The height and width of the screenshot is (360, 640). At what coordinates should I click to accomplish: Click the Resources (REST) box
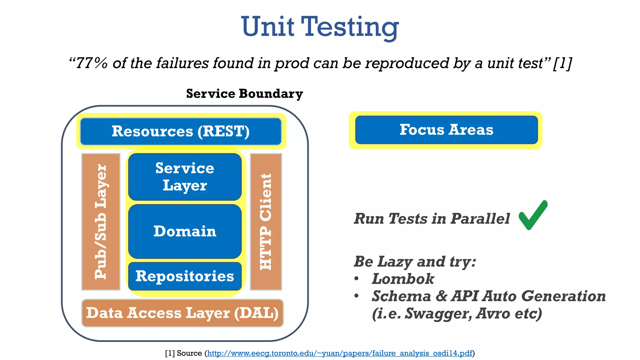coord(181,131)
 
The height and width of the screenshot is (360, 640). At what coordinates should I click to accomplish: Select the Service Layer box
coord(185,177)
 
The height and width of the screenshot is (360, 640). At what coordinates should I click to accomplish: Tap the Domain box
coord(185,231)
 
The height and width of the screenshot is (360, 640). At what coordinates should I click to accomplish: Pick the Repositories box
coord(185,276)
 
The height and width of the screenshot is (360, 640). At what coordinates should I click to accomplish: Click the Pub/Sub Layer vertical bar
coord(101,222)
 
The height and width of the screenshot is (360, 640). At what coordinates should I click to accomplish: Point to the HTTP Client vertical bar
coord(266,222)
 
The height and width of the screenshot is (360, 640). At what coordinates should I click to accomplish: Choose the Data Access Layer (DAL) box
coord(182,313)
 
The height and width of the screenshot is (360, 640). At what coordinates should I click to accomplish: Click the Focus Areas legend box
coord(446,130)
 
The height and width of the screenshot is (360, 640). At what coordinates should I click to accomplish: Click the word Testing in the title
coord(350,27)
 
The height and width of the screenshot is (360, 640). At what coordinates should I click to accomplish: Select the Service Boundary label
coord(244,94)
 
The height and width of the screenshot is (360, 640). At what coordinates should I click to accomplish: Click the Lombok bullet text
coord(403,279)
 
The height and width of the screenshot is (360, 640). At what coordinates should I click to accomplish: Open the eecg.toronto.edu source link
coord(339,353)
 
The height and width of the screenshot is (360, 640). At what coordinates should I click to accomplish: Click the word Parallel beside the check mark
coord(480,218)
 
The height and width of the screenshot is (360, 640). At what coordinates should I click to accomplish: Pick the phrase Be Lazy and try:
coord(415,262)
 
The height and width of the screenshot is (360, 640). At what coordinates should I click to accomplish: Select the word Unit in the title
coord(267,27)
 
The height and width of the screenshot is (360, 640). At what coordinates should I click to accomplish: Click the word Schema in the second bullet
coord(401,296)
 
